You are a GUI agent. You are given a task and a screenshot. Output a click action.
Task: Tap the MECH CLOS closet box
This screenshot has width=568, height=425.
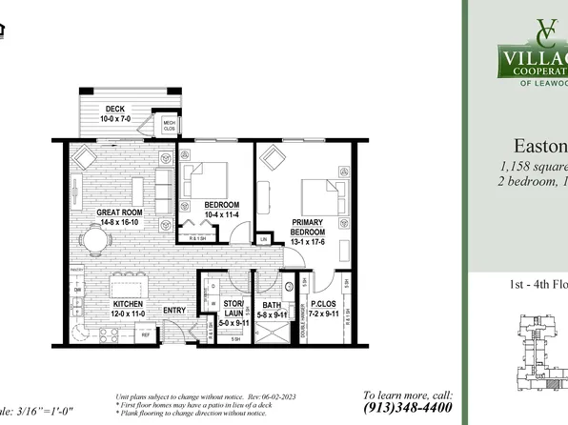click(x=169, y=124)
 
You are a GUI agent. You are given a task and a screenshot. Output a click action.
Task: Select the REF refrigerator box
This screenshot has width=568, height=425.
click(x=146, y=335)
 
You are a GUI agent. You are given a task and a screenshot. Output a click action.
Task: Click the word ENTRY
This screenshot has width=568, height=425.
click(x=174, y=310)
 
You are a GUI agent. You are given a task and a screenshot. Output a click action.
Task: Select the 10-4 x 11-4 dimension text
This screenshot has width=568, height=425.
click(x=222, y=215)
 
